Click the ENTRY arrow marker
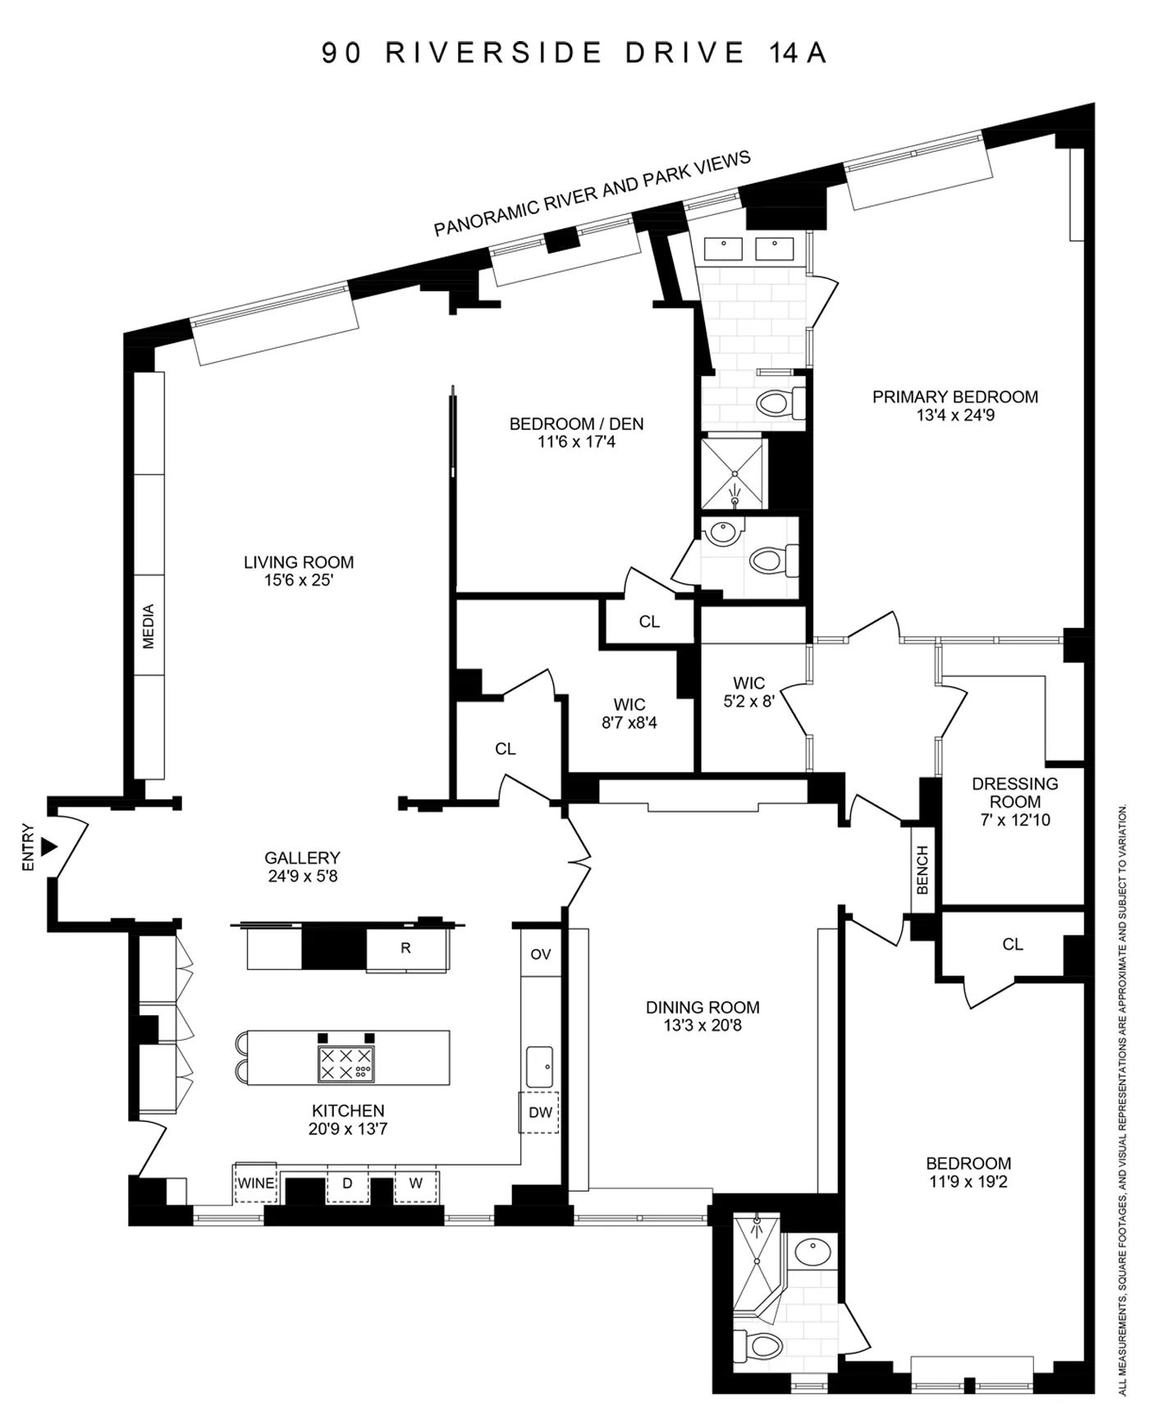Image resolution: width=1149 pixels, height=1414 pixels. tap(49, 846)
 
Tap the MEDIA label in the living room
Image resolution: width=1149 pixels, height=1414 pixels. tap(149, 626)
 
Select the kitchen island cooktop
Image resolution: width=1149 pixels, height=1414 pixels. tap(346, 1064)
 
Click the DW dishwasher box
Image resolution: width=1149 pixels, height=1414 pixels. tap(539, 1113)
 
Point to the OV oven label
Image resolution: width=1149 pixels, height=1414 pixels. tap(540, 954)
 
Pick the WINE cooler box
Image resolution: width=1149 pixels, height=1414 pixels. tap(256, 1183)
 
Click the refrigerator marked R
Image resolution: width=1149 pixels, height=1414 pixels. tap(405, 949)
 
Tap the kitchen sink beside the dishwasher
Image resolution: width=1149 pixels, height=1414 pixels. tap(539, 1066)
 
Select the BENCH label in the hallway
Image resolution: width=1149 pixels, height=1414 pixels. tap(922, 870)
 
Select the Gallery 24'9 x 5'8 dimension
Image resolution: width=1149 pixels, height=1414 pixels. tap(302, 876)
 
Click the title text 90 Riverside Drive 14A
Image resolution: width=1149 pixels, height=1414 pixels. tap(574, 53)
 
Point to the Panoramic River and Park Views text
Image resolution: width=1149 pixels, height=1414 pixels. tap(592, 194)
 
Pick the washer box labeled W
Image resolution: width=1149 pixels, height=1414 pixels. tap(415, 1183)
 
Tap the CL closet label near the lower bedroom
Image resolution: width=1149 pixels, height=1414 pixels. tap(1012, 945)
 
